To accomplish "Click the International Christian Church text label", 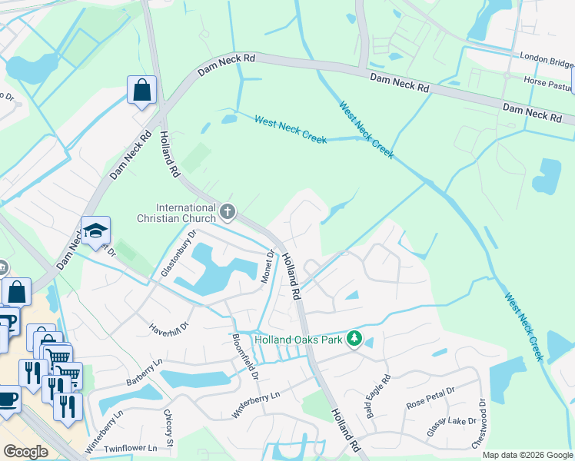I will [185, 214].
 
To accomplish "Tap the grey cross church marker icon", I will [227, 210].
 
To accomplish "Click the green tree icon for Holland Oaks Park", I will [354, 338].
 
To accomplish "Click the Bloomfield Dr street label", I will [244, 353].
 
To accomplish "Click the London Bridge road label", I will [547, 61].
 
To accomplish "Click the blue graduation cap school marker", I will [95, 230].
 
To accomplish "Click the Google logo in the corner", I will [25, 452].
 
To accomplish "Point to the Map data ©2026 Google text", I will [527, 455].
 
